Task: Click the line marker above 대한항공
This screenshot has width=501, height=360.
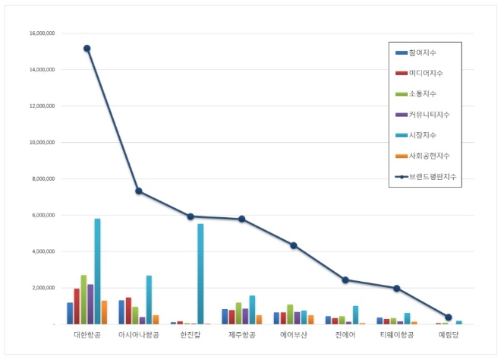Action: click(x=87, y=49)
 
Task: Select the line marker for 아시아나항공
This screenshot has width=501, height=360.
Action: click(x=139, y=191)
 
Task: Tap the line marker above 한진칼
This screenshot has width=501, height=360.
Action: click(x=191, y=216)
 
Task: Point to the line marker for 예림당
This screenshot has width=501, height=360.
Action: click(x=449, y=317)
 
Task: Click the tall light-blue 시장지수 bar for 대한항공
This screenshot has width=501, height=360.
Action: click(x=98, y=271)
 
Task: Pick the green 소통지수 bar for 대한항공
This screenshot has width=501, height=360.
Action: click(x=83, y=299)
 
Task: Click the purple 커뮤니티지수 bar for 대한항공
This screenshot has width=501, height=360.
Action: click(x=90, y=304)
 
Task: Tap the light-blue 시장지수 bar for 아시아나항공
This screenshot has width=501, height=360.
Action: click(x=150, y=299)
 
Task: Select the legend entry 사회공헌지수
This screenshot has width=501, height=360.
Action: click(x=429, y=156)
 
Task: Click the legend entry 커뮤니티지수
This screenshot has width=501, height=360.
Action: click(x=429, y=115)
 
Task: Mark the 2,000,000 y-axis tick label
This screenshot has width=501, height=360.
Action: click(x=43, y=289)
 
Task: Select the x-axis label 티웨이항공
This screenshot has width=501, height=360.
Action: click(x=397, y=334)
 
